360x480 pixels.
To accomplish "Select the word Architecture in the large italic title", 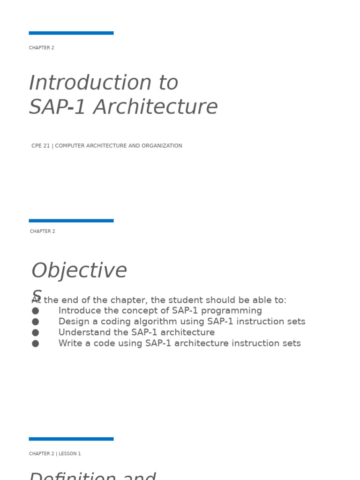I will coord(155,107).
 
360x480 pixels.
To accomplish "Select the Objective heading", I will coord(79,271).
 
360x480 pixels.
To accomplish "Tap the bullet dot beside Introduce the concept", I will coord(35,311).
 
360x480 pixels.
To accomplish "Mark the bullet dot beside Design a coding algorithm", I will coord(35,322).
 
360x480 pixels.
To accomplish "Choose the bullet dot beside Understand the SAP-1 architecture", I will coord(35,332).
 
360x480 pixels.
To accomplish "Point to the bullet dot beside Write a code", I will coord(35,344).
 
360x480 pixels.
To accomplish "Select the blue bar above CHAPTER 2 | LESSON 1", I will coord(71,439).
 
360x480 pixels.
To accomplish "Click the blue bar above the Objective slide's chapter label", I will coord(71,220).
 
